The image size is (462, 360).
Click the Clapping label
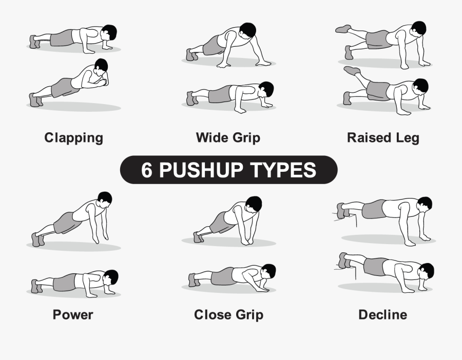coord(73,137)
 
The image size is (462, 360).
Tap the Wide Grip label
coord(228,137)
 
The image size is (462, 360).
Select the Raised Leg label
coord(383,137)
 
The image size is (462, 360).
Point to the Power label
coord(73,314)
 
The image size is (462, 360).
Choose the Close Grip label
coord(228,314)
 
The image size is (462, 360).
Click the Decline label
coord(382,314)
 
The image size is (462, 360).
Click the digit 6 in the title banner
coord(147,170)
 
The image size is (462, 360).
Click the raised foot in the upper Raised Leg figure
coord(343,29)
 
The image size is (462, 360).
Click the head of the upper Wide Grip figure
coord(247,30)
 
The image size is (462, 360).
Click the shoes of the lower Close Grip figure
coord(194,280)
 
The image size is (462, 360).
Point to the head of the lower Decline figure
coord(426,270)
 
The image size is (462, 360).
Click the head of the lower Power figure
coord(110,277)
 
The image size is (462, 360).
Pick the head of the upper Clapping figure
coord(109,32)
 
